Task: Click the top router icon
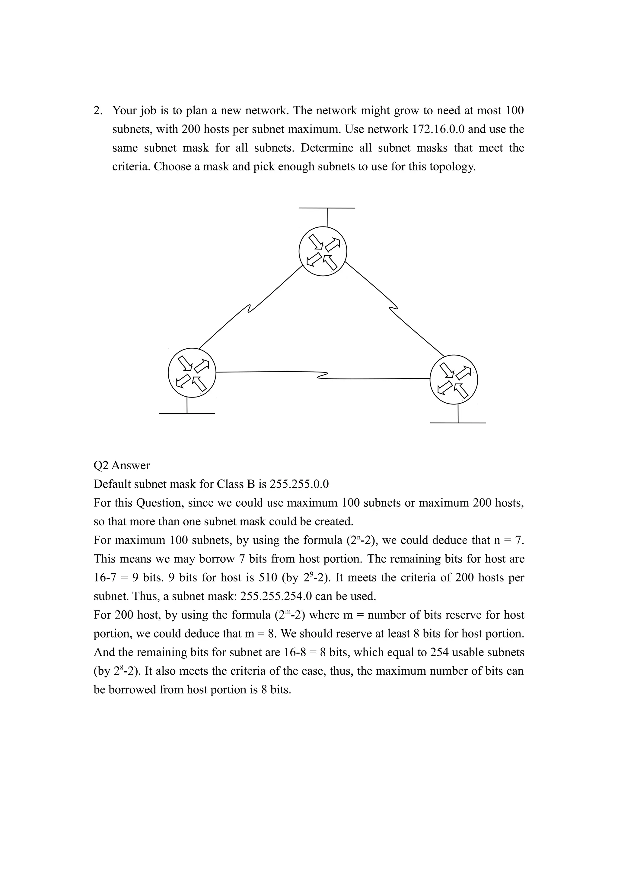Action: (323, 251)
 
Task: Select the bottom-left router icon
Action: (192, 373)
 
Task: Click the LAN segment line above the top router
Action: (327, 208)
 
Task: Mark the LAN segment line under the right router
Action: (458, 423)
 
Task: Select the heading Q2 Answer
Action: (122, 465)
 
